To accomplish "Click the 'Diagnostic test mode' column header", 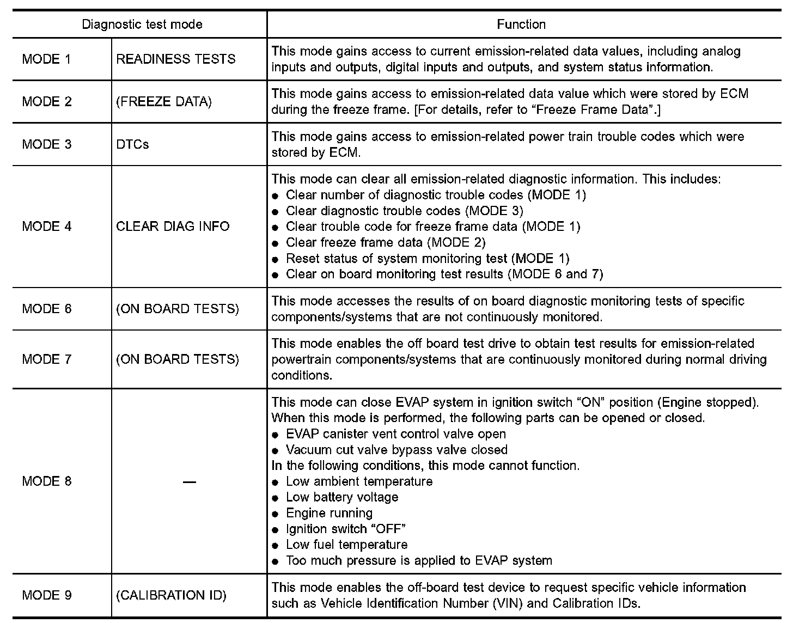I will (x=142, y=25).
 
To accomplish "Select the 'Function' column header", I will (x=521, y=25).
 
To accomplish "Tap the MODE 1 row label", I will (x=47, y=59).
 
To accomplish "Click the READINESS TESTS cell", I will (x=176, y=59).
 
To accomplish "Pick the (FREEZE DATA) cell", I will (x=163, y=102).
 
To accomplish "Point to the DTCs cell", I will (x=132, y=144).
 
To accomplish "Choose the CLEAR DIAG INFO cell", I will (x=173, y=226).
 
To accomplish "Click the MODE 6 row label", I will (x=47, y=309).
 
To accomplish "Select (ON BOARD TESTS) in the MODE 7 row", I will (x=178, y=359).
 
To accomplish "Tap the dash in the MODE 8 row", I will (x=189, y=481).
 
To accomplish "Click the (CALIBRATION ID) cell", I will (x=171, y=595).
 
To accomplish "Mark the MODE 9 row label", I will (x=47, y=595).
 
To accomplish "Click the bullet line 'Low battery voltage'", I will (x=342, y=497).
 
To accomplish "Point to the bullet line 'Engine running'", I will (x=329, y=513).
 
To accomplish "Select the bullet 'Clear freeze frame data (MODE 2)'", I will (x=386, y=242).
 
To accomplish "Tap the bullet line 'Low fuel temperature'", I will (x=346, y=545).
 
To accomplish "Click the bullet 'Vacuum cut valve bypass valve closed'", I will (x=396, y=450).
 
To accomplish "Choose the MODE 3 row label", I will (x=47, y=144).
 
